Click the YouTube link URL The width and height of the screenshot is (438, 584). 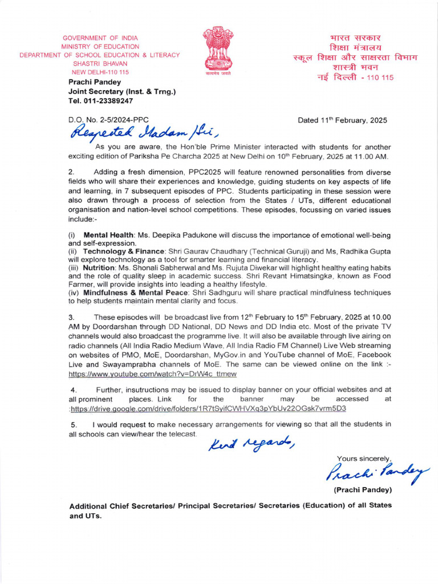click(152, 374)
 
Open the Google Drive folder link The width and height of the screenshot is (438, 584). click(208, 408)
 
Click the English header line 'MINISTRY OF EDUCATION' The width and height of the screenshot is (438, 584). click(100, 46)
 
